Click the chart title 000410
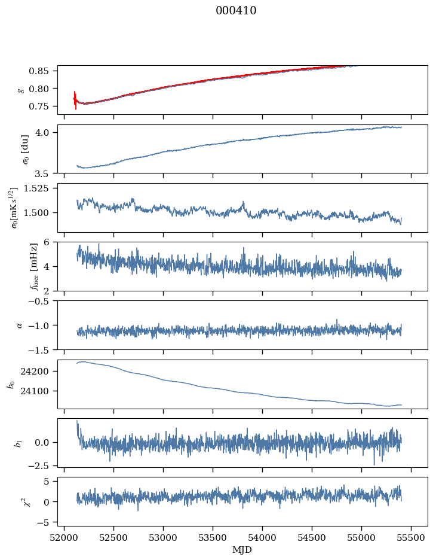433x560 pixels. pyautogui.click(x=236, y=11)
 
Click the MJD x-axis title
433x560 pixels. pyautogui.click(x=242, y=550)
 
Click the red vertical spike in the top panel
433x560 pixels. pyautogui.click(x=75, y=101)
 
